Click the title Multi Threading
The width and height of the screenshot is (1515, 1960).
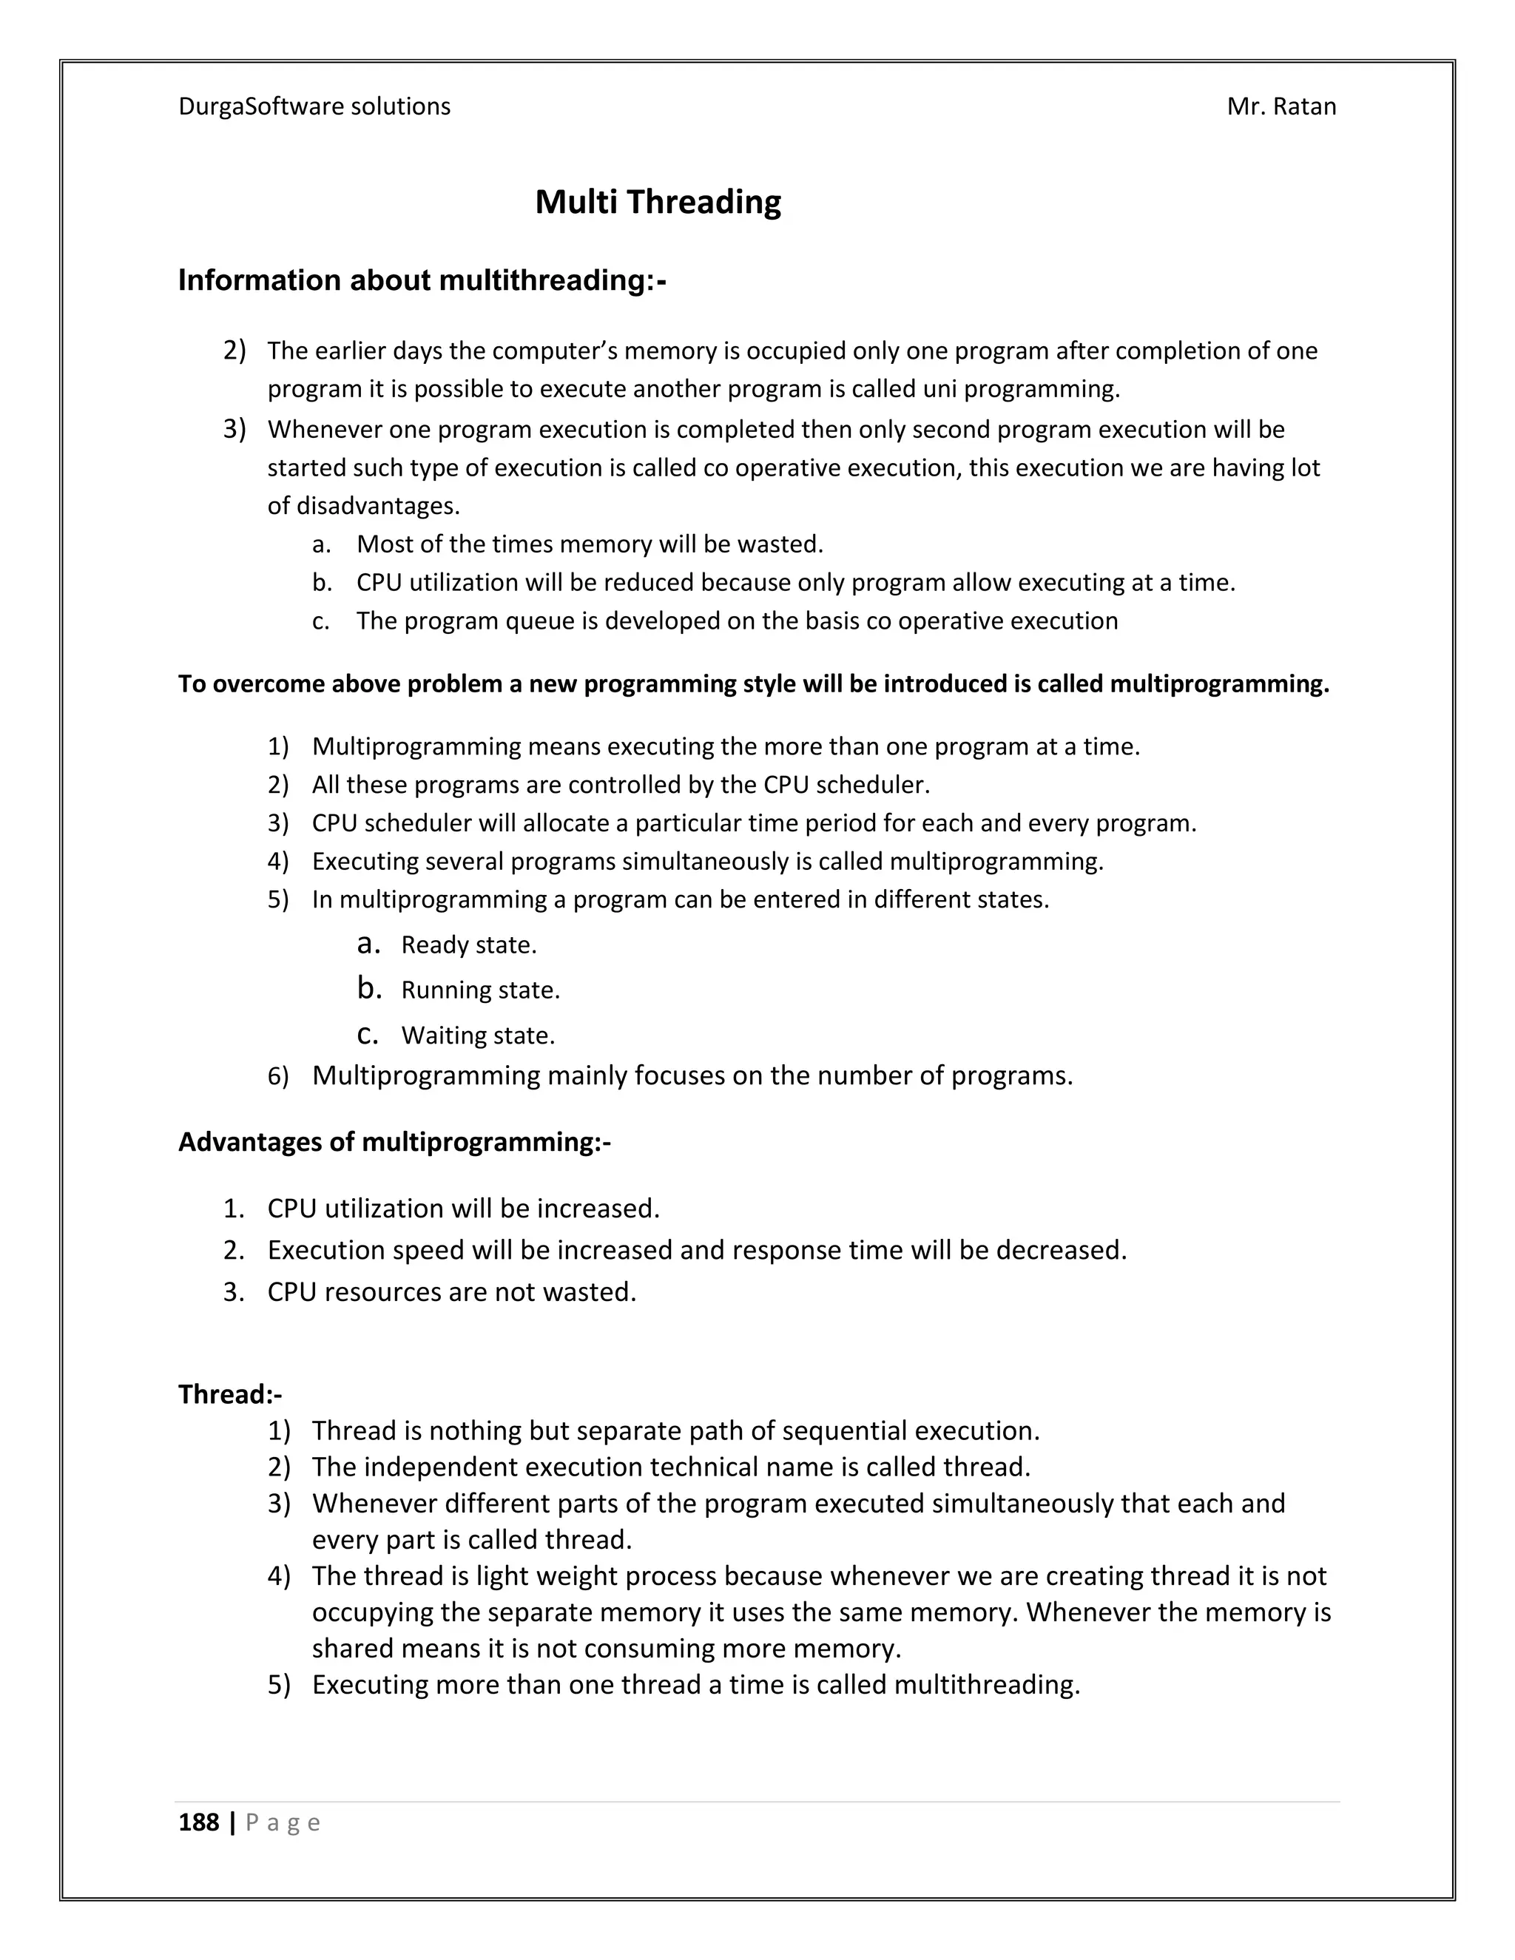tap(658, 202)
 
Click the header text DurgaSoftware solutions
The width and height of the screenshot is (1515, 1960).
tap(314, 107)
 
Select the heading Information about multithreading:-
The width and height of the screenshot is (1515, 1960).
tap(422, 281)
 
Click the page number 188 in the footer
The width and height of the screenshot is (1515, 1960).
tap(198, 1822)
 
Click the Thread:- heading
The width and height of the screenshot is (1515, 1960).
tap(230, 1393)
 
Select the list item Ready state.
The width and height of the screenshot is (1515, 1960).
tap(468, 945)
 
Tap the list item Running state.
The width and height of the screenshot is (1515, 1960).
tap(480, 990)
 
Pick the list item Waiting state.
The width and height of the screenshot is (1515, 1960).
tap(477, 1035)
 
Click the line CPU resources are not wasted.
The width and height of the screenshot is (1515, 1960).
tap(451, 1291)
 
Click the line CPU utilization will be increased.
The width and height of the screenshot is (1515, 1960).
tap(463, 1209)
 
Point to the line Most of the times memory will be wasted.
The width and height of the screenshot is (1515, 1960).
tap(589, 545)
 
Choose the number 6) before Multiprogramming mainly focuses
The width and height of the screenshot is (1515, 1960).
tap(278, 1076)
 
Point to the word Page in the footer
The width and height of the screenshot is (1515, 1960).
tap(283, 1822)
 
